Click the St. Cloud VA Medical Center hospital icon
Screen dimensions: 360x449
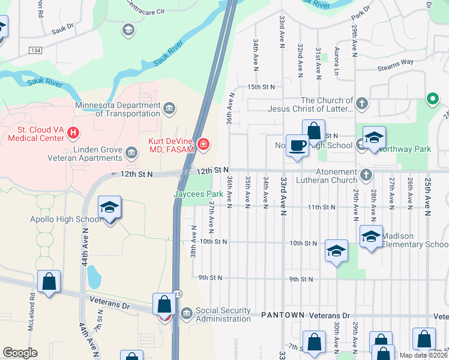[x=73, y=133]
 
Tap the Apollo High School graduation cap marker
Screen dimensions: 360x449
[x=109, y=208]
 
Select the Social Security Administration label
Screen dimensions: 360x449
[x=223, y=314]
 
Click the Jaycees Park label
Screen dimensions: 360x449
[x=198, y=194]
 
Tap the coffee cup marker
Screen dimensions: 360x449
[x=297, y=146]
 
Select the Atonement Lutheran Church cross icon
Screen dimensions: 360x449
[x=366, y=175]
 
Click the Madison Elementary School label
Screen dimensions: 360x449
[x=414, y=240]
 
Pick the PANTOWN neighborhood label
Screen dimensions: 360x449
[x=283, y=315]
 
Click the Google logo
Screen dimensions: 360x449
[x=20, y=353]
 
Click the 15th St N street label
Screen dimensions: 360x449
[x=261, y=87]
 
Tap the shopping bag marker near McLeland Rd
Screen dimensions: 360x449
[x=49, y=282]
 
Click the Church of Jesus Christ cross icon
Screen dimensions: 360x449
[x=361, y=104]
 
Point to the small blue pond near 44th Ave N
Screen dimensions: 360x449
[x=94, y=277]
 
